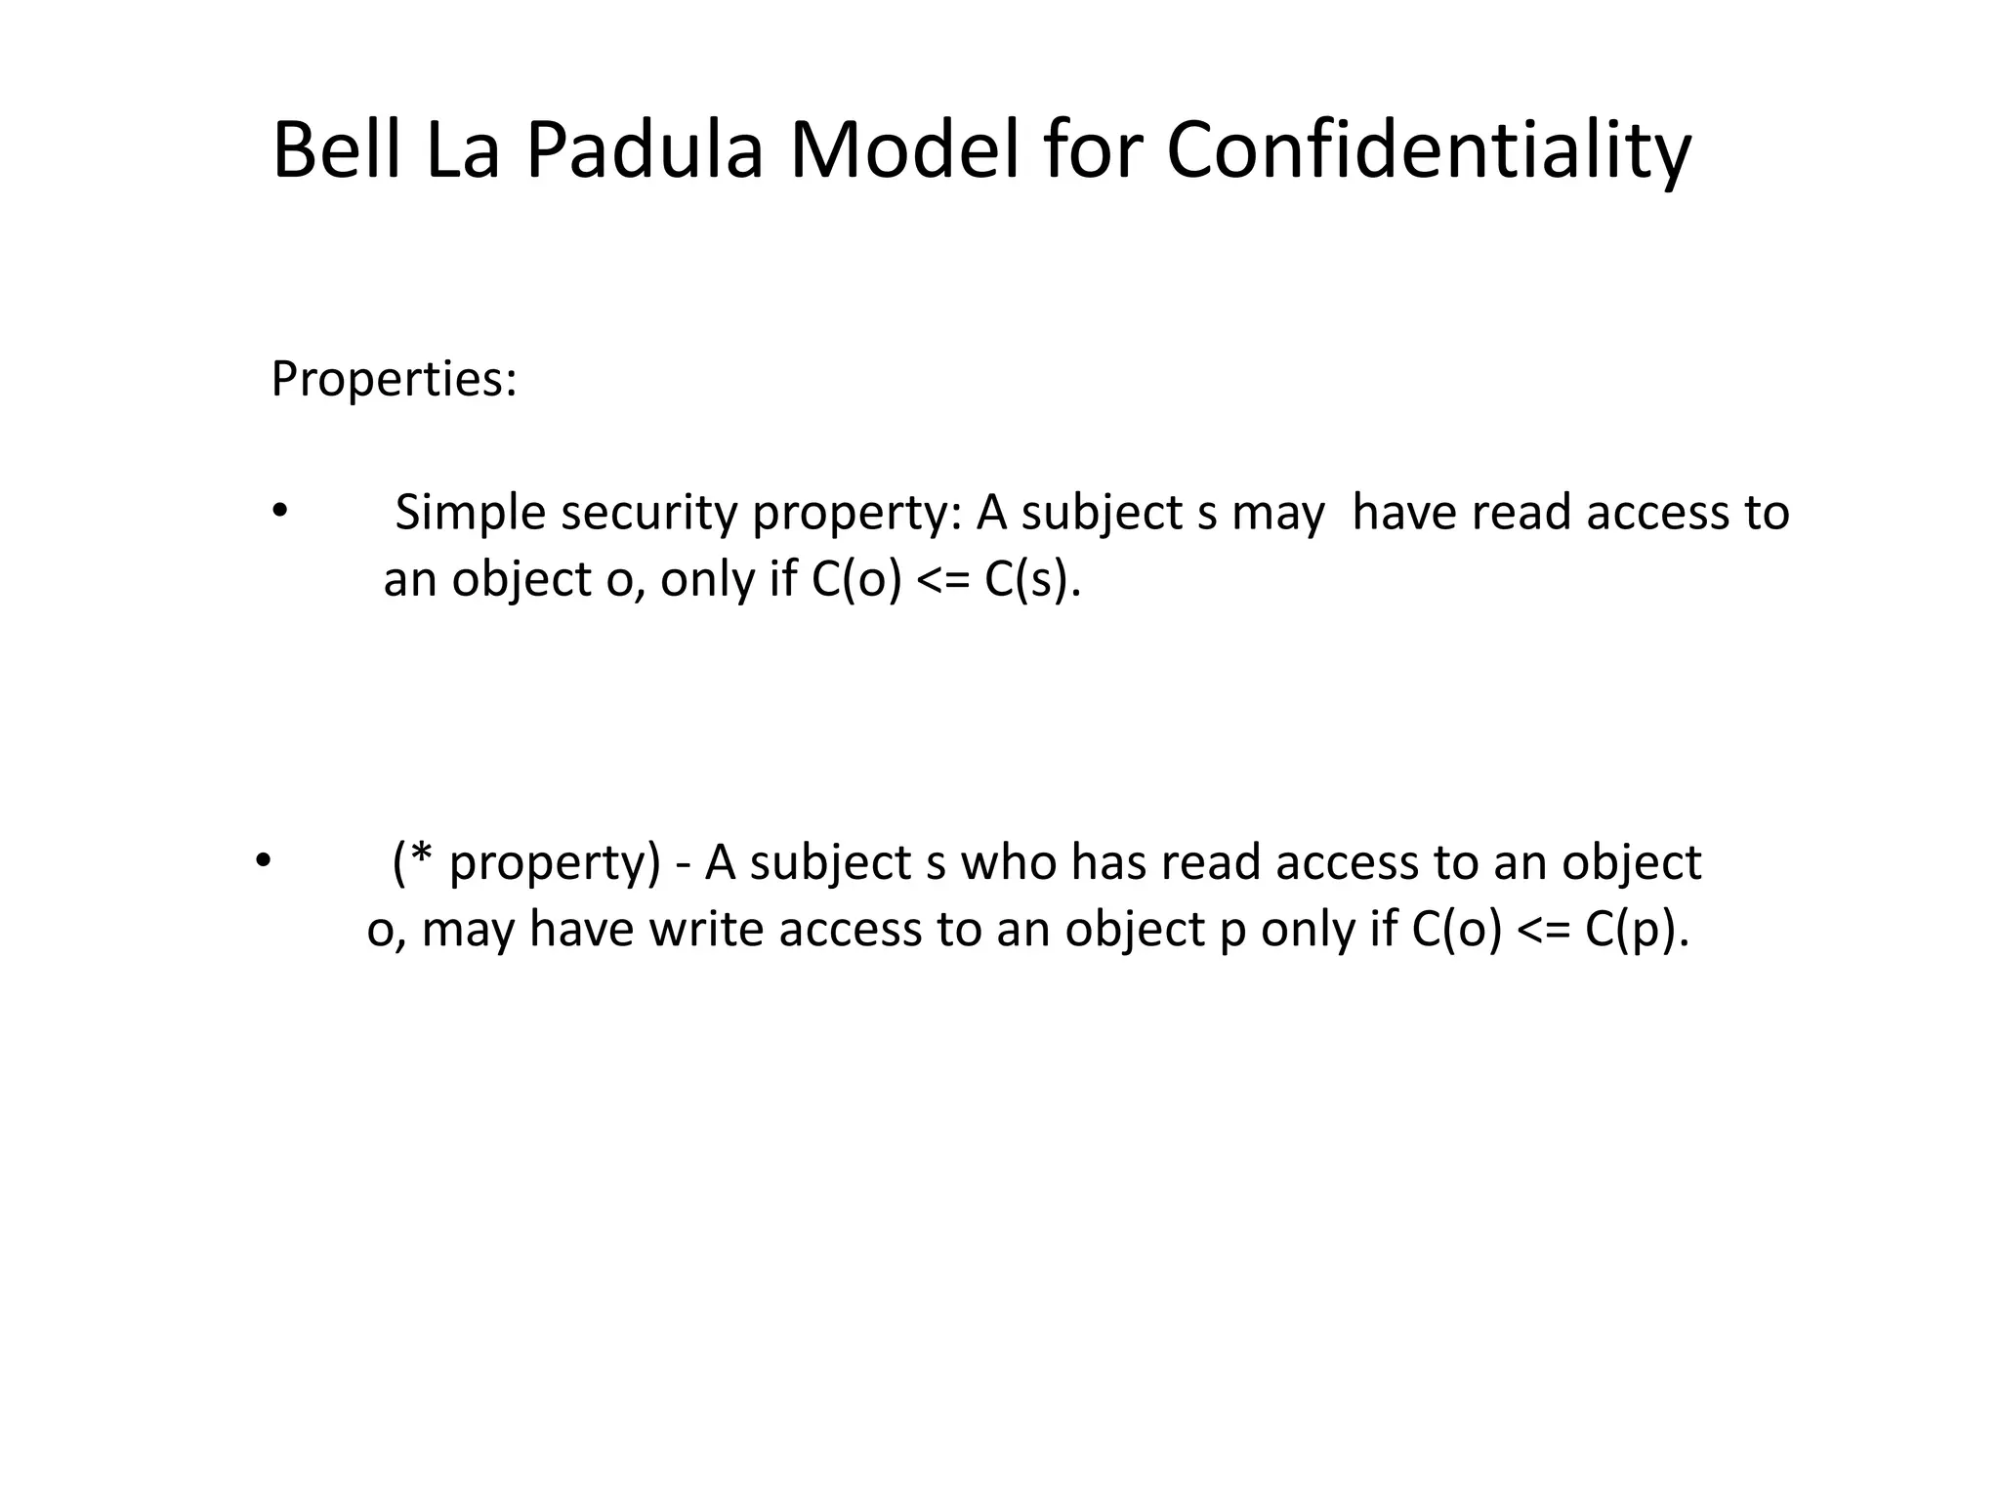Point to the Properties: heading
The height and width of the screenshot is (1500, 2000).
click(394, 379)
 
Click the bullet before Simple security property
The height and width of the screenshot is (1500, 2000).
click(280, 511)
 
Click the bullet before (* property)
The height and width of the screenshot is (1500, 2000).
click(262, 860)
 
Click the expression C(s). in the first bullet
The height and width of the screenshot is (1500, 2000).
click(1033, 580)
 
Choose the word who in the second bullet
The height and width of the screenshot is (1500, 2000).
click(1008, 862)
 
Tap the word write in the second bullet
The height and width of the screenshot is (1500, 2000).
click(706, 929)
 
